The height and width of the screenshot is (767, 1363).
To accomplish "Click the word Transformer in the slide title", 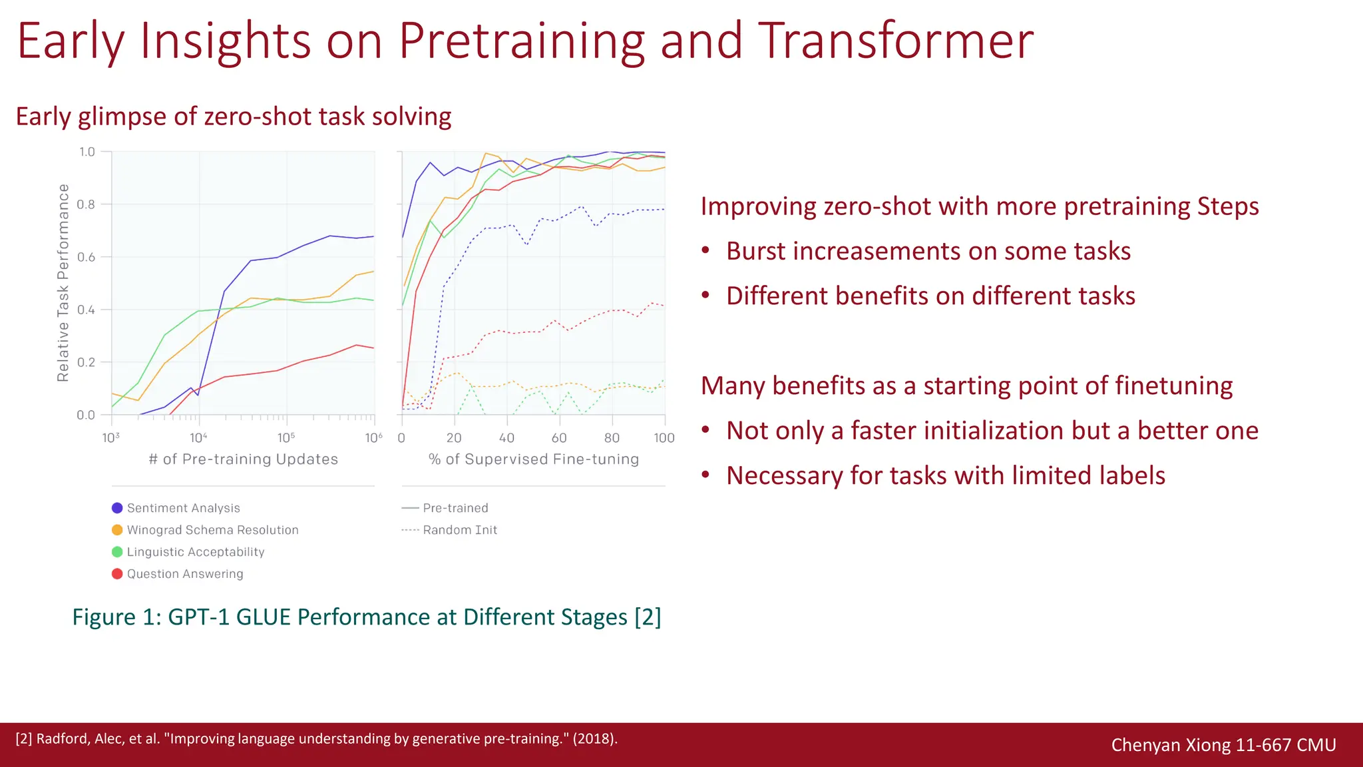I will [x=895, y=41].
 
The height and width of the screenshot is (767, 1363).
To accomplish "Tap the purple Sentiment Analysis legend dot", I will [x=117, y=508].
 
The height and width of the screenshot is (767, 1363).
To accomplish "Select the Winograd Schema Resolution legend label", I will [x=212, y=530].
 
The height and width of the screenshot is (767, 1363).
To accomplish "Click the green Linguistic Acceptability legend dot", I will [x=117, y=552].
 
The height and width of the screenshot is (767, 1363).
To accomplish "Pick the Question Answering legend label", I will [x=185, y=574].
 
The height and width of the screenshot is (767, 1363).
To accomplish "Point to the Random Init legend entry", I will [x=459, y=530].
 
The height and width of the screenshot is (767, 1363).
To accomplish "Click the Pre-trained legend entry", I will [x=455, y=508].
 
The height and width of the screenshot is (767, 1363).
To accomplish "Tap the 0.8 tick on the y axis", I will [x=87, y=204].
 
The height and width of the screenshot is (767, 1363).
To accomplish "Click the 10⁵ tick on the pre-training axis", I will [x=286, y=437].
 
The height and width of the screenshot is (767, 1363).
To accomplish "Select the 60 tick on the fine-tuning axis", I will [x=559, y=437].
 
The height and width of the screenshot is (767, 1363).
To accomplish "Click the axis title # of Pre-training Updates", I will [x=244, y=459].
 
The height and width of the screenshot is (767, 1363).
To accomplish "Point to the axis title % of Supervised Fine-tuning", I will [x=534, y=459].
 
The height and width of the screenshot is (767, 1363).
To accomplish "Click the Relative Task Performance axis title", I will [x=63, y=283].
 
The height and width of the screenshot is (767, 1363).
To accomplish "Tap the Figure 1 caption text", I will [x=366, y=617].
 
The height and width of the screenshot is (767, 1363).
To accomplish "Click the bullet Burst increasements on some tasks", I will [x=928, y=251].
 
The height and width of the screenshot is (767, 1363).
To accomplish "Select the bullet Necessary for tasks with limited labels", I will [x=945, y=475].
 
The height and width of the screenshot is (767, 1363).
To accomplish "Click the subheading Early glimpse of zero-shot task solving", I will [x=233, y=117].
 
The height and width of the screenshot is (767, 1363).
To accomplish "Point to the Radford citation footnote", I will [x=316, y=738].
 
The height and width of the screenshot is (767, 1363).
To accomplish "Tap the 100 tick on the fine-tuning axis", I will [x=664, y=437].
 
